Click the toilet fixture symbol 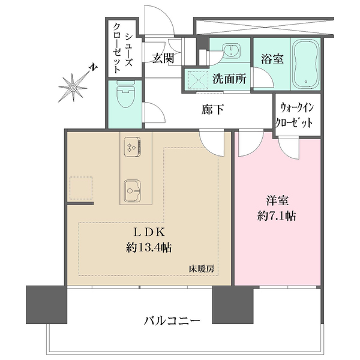click(x=125, y=94)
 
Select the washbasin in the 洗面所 click(x=231, y=50)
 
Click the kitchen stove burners click(x=132, y=147)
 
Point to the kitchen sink click(x=132, y=191)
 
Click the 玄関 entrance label click(x=163, y=58)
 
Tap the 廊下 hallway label click(x=213, y=110)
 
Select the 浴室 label click(x=272, y=59)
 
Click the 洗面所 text click(x=229, y=79)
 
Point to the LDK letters click(x=149, y=233)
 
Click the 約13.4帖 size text click(x=149, y=248)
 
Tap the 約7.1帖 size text click(x=277, y=216)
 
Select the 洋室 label click(x=277, y=200)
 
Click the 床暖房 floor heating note click(x=202, y=269)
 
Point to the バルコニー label click(x=172, y=320)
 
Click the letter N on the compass click(x=93, y=67)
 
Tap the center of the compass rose click(x=73, y=88)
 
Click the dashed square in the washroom click(x=198, y=80)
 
